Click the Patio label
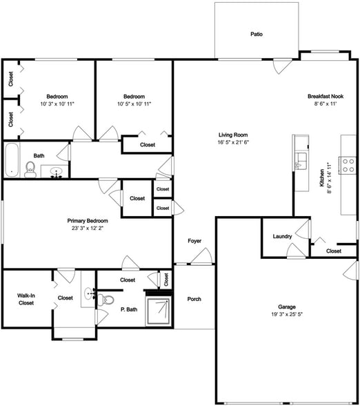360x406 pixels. [256, 34]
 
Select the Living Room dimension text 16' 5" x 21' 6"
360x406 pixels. [233, 142]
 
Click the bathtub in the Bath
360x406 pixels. [12, 160]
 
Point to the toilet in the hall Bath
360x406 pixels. [30, 170]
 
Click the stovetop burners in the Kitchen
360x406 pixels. [348, 164]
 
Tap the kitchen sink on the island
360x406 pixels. [301, 162]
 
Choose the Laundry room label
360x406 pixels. [282, 237]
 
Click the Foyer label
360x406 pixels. [194, 241]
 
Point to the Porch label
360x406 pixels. [194, 299]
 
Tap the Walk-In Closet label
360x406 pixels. [26, 299]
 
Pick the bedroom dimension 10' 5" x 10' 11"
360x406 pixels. [134, 104]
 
